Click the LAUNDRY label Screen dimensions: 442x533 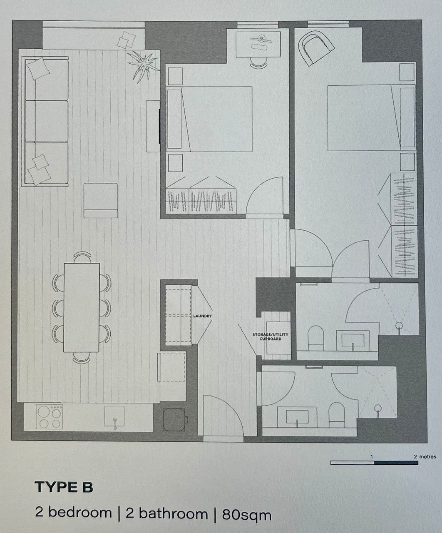[202, 316]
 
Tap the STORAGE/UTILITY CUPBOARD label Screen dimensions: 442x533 [270, 336]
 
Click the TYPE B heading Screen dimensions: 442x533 [64, 487]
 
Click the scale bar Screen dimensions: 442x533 [374, 463]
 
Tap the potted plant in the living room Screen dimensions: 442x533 [143, 66]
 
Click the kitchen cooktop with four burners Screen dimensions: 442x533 [49, 416]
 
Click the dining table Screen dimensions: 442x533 [82, 307]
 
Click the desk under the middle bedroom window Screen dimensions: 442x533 [258, 45]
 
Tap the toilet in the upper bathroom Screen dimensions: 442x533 [316, 338]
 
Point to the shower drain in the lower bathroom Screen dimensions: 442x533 [377, 408]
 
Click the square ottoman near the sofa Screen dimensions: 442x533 [101, 200]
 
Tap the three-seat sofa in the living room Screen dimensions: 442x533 [47, 122]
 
